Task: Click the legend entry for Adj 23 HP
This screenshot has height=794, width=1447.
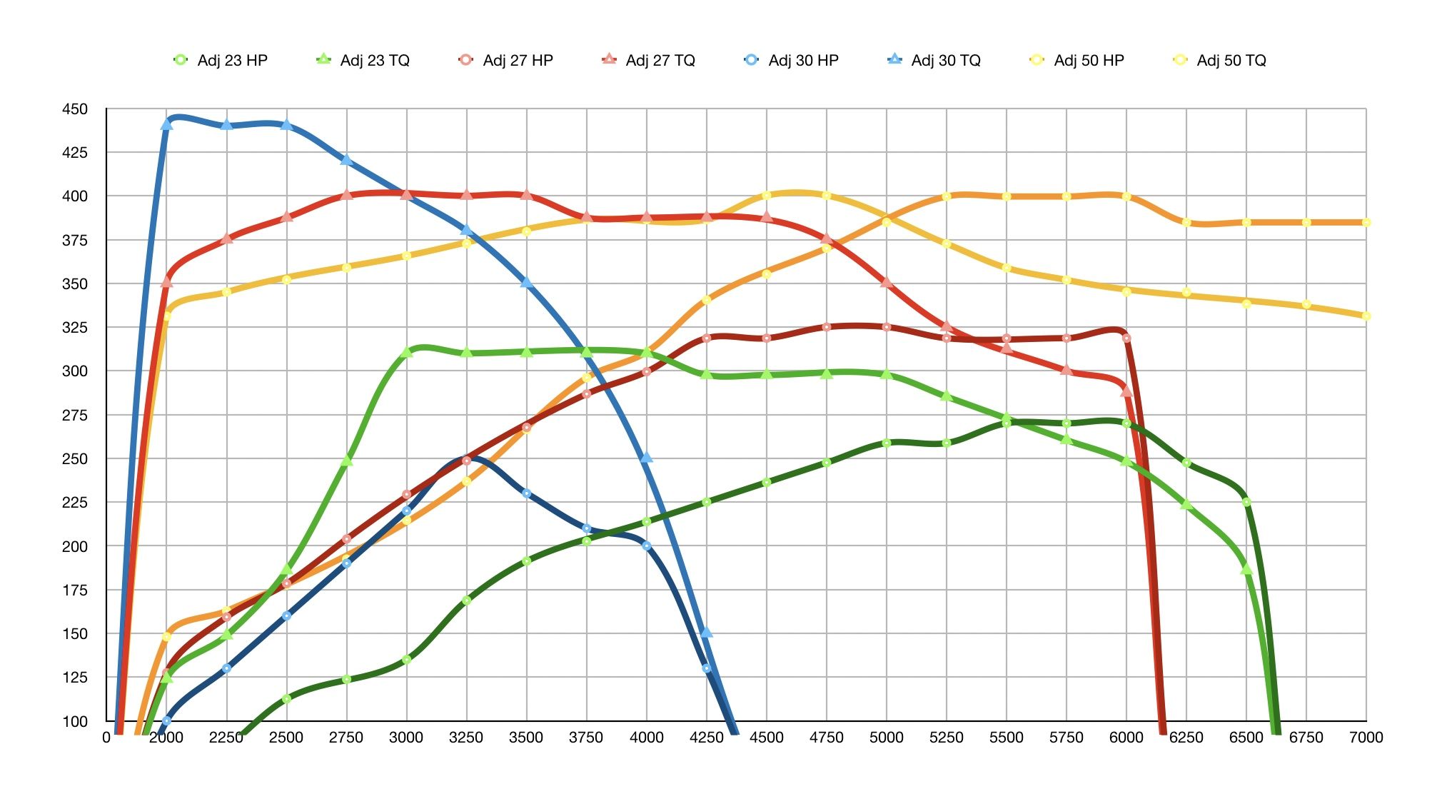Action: [221, 61]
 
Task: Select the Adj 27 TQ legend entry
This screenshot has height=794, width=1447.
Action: [650, 61]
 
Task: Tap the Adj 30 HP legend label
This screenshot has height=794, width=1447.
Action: [792, 61]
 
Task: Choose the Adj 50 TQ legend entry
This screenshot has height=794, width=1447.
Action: [1221, 61]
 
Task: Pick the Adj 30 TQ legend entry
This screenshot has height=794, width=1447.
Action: [935, 61]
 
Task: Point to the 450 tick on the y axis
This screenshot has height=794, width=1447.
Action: [75, 109]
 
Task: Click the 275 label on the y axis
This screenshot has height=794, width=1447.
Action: [75, 416]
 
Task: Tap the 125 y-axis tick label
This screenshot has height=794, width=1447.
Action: [75, 678]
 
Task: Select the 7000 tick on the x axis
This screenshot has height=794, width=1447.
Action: [1366, 738]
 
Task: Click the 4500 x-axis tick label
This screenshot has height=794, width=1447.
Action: [766, 738]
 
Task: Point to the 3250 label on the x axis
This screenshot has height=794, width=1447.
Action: [466, 738]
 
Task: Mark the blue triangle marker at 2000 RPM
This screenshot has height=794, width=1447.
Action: [166, 124]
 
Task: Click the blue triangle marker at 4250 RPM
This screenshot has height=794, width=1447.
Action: [706, 632]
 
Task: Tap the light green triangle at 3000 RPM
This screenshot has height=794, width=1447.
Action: [407, 352]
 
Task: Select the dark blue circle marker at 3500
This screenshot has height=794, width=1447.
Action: [527, 493]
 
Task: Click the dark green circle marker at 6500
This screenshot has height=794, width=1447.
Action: [1246, 502]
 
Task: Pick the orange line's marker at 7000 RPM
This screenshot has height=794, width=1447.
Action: [1366, 223]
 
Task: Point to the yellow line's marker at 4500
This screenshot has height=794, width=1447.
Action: [767, 196]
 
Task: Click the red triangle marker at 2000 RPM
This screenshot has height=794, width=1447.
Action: [166, 282]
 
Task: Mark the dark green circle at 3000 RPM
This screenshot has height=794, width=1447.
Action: [407, 660]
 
